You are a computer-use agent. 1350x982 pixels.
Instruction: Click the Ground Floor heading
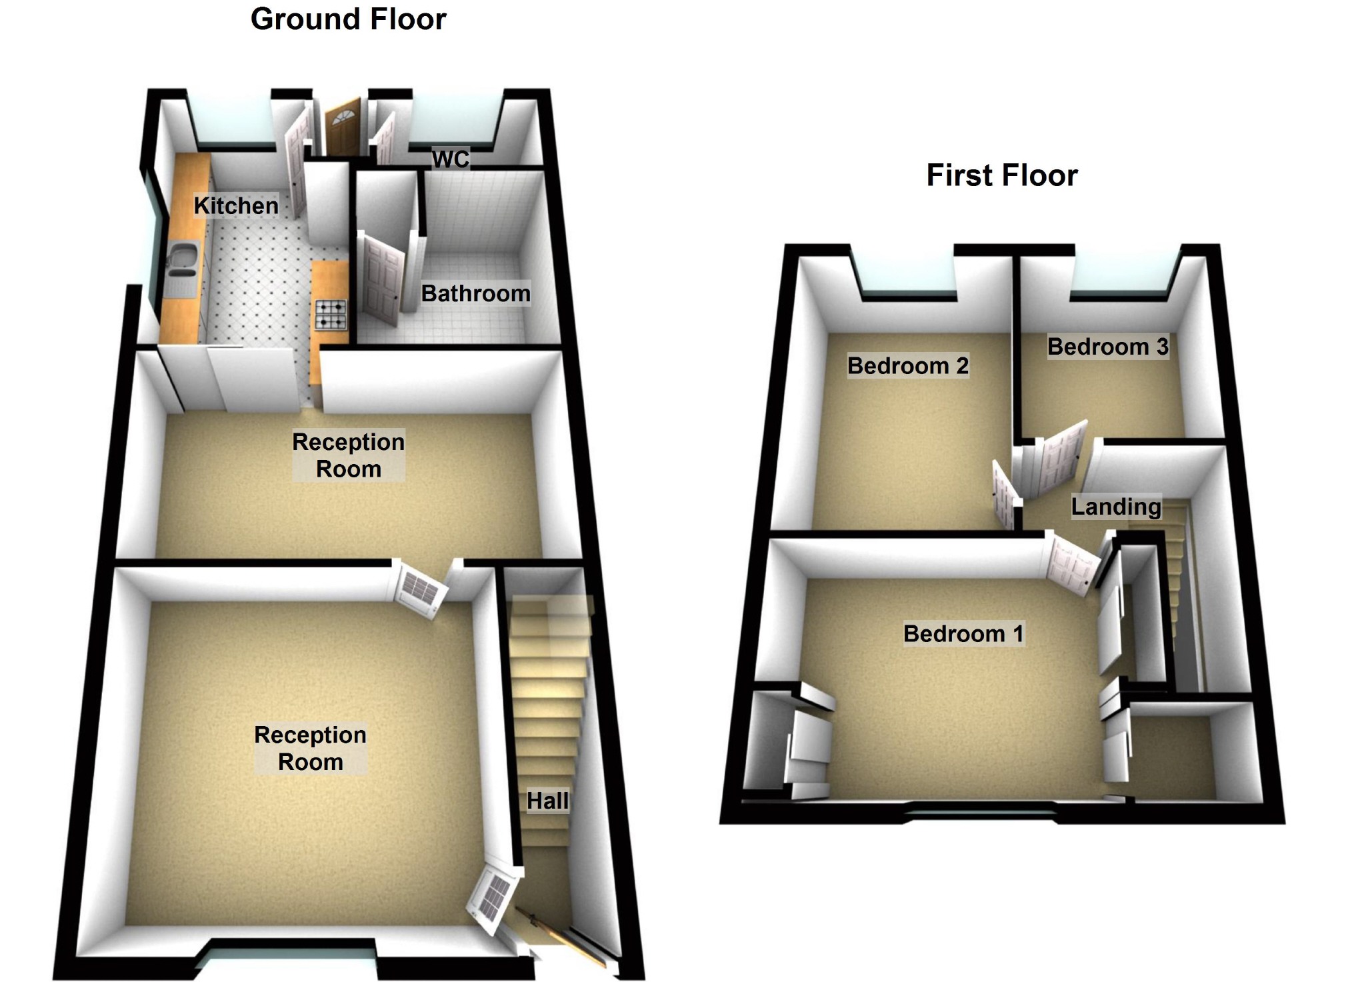[x=348, y=19]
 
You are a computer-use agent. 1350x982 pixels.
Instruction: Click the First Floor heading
[x=1001, y=175]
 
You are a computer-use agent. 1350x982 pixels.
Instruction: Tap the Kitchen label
[x=236, y=205]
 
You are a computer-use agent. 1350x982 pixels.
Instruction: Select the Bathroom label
[x=475, y=293]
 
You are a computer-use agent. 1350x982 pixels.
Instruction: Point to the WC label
[x=451, y=159]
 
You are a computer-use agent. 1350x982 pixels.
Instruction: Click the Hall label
[x=547, y=801]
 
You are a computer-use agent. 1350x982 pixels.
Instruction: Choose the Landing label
[x=1115, y=507]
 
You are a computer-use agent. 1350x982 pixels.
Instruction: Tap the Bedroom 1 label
[x=963, y=633]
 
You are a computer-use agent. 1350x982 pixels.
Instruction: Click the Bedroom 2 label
[x=907, y=365]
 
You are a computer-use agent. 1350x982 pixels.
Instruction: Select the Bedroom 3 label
[x=1107, y=347]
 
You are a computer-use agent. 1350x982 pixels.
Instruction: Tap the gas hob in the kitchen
[x=331, y=315]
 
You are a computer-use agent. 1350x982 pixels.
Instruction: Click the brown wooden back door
[x=343, y=129]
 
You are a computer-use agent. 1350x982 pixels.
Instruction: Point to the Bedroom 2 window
[x=907, y=277]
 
